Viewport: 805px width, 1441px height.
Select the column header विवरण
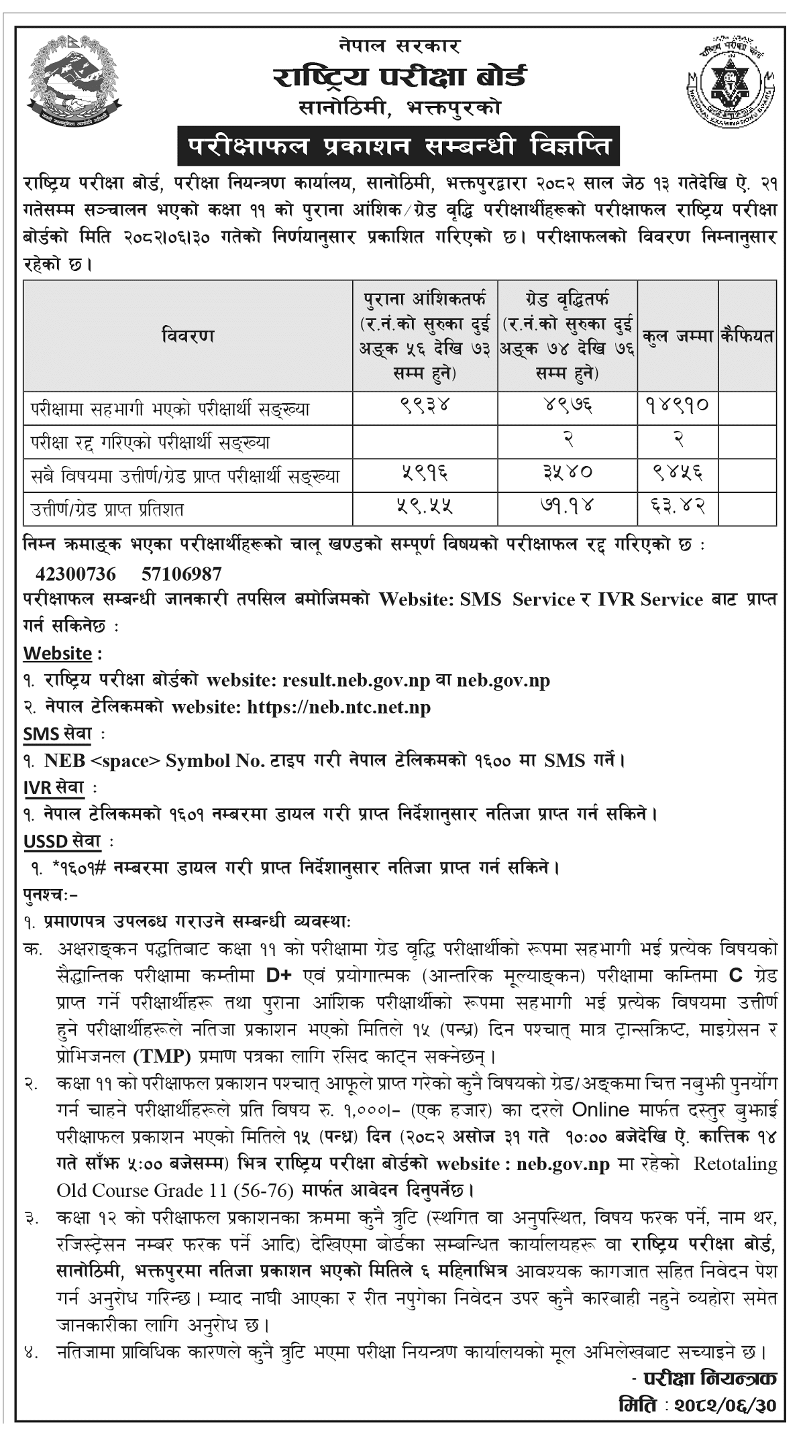(188, 335)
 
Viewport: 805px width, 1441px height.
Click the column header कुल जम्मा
(678, 335)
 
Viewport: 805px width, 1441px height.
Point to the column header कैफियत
(747, 335)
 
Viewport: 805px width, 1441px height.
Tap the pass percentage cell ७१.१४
(567, 508)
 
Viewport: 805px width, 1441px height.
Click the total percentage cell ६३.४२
(678, 508)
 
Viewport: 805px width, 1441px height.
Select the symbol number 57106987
(182, 574)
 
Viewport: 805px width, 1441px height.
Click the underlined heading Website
(58, 653)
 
